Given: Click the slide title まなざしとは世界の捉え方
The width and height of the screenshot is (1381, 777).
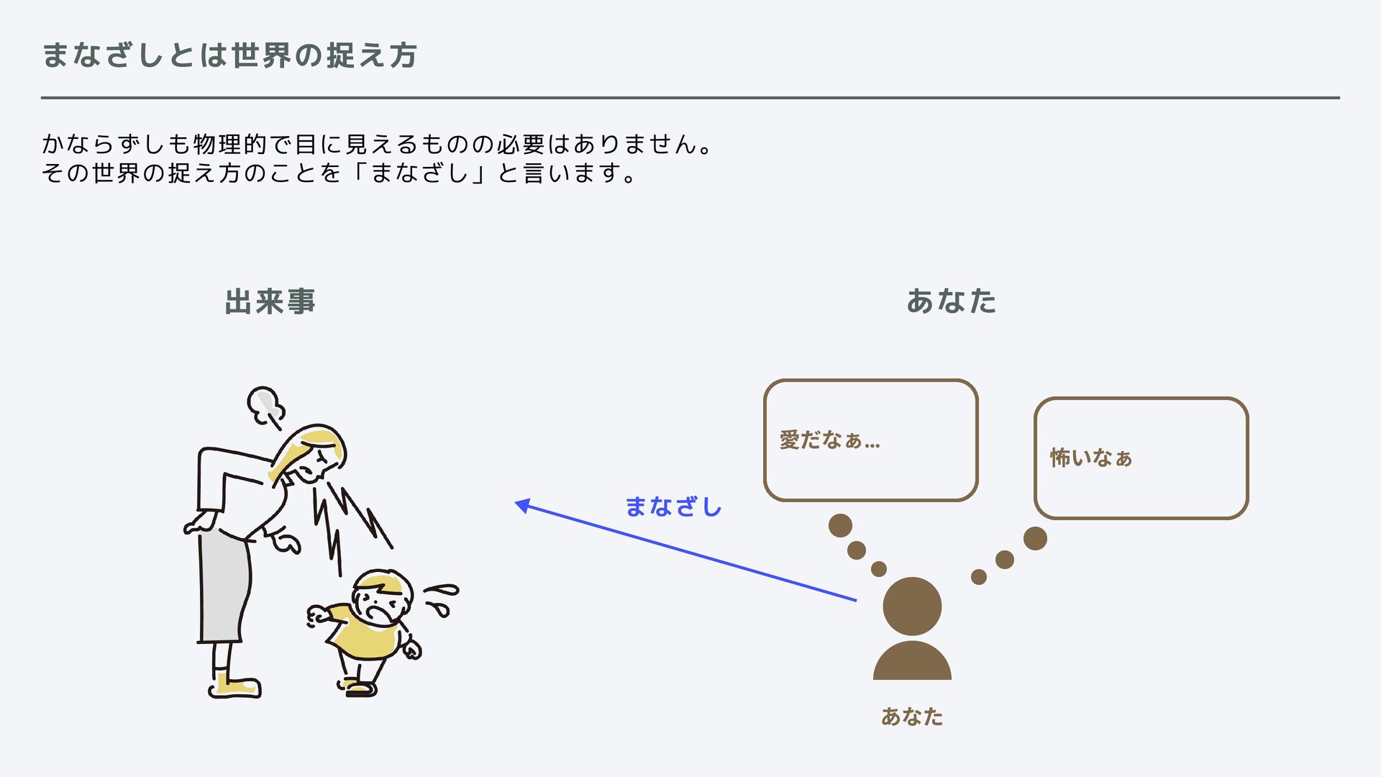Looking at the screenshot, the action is [229, 55].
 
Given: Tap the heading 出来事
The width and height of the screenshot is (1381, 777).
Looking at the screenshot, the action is [270, 301].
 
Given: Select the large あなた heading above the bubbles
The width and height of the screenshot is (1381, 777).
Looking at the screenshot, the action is [951, 301].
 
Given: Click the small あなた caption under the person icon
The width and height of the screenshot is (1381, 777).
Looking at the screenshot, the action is [912, 717].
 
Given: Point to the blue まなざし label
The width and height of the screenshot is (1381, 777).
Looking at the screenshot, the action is [673, 506].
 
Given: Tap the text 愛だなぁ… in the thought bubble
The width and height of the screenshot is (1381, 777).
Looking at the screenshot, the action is [829, 440].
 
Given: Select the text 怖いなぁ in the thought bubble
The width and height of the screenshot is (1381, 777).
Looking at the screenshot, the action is [1091, 458].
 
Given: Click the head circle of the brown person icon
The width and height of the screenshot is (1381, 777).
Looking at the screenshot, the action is [912, 606].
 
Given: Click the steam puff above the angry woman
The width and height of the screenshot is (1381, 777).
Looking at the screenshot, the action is [263, 404].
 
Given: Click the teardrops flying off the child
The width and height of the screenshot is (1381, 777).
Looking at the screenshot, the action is [441, 599].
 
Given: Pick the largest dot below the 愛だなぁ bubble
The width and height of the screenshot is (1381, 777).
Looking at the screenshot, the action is [840, 525].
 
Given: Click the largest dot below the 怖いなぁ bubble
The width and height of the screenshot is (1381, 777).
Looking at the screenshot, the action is [1035, 538].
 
